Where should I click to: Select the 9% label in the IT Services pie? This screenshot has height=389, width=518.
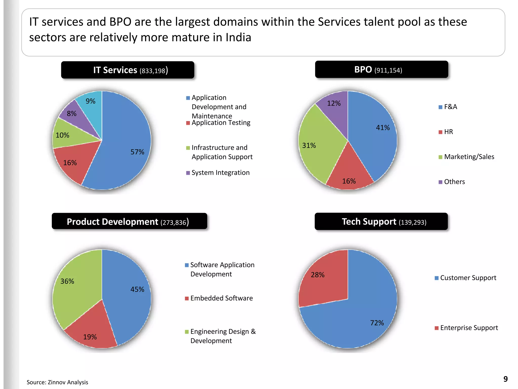[90, 101]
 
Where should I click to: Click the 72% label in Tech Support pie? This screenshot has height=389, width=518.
[377, 323]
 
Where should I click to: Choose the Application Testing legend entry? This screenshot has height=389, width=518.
[221, 123]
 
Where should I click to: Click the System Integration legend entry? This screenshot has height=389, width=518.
[220, 173]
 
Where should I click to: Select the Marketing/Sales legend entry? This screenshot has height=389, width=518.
[469, 157]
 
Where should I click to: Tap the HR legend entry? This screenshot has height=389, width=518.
[448, 132]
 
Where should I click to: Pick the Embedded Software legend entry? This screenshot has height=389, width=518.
[221, 298]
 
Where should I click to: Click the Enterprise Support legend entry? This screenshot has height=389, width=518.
[469, 328]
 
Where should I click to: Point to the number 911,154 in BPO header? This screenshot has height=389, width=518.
[388, 70]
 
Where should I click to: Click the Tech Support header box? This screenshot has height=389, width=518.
[381, 222]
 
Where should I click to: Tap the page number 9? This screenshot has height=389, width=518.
[505, 379]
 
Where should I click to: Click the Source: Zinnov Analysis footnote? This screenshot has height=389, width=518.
[57, 382]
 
